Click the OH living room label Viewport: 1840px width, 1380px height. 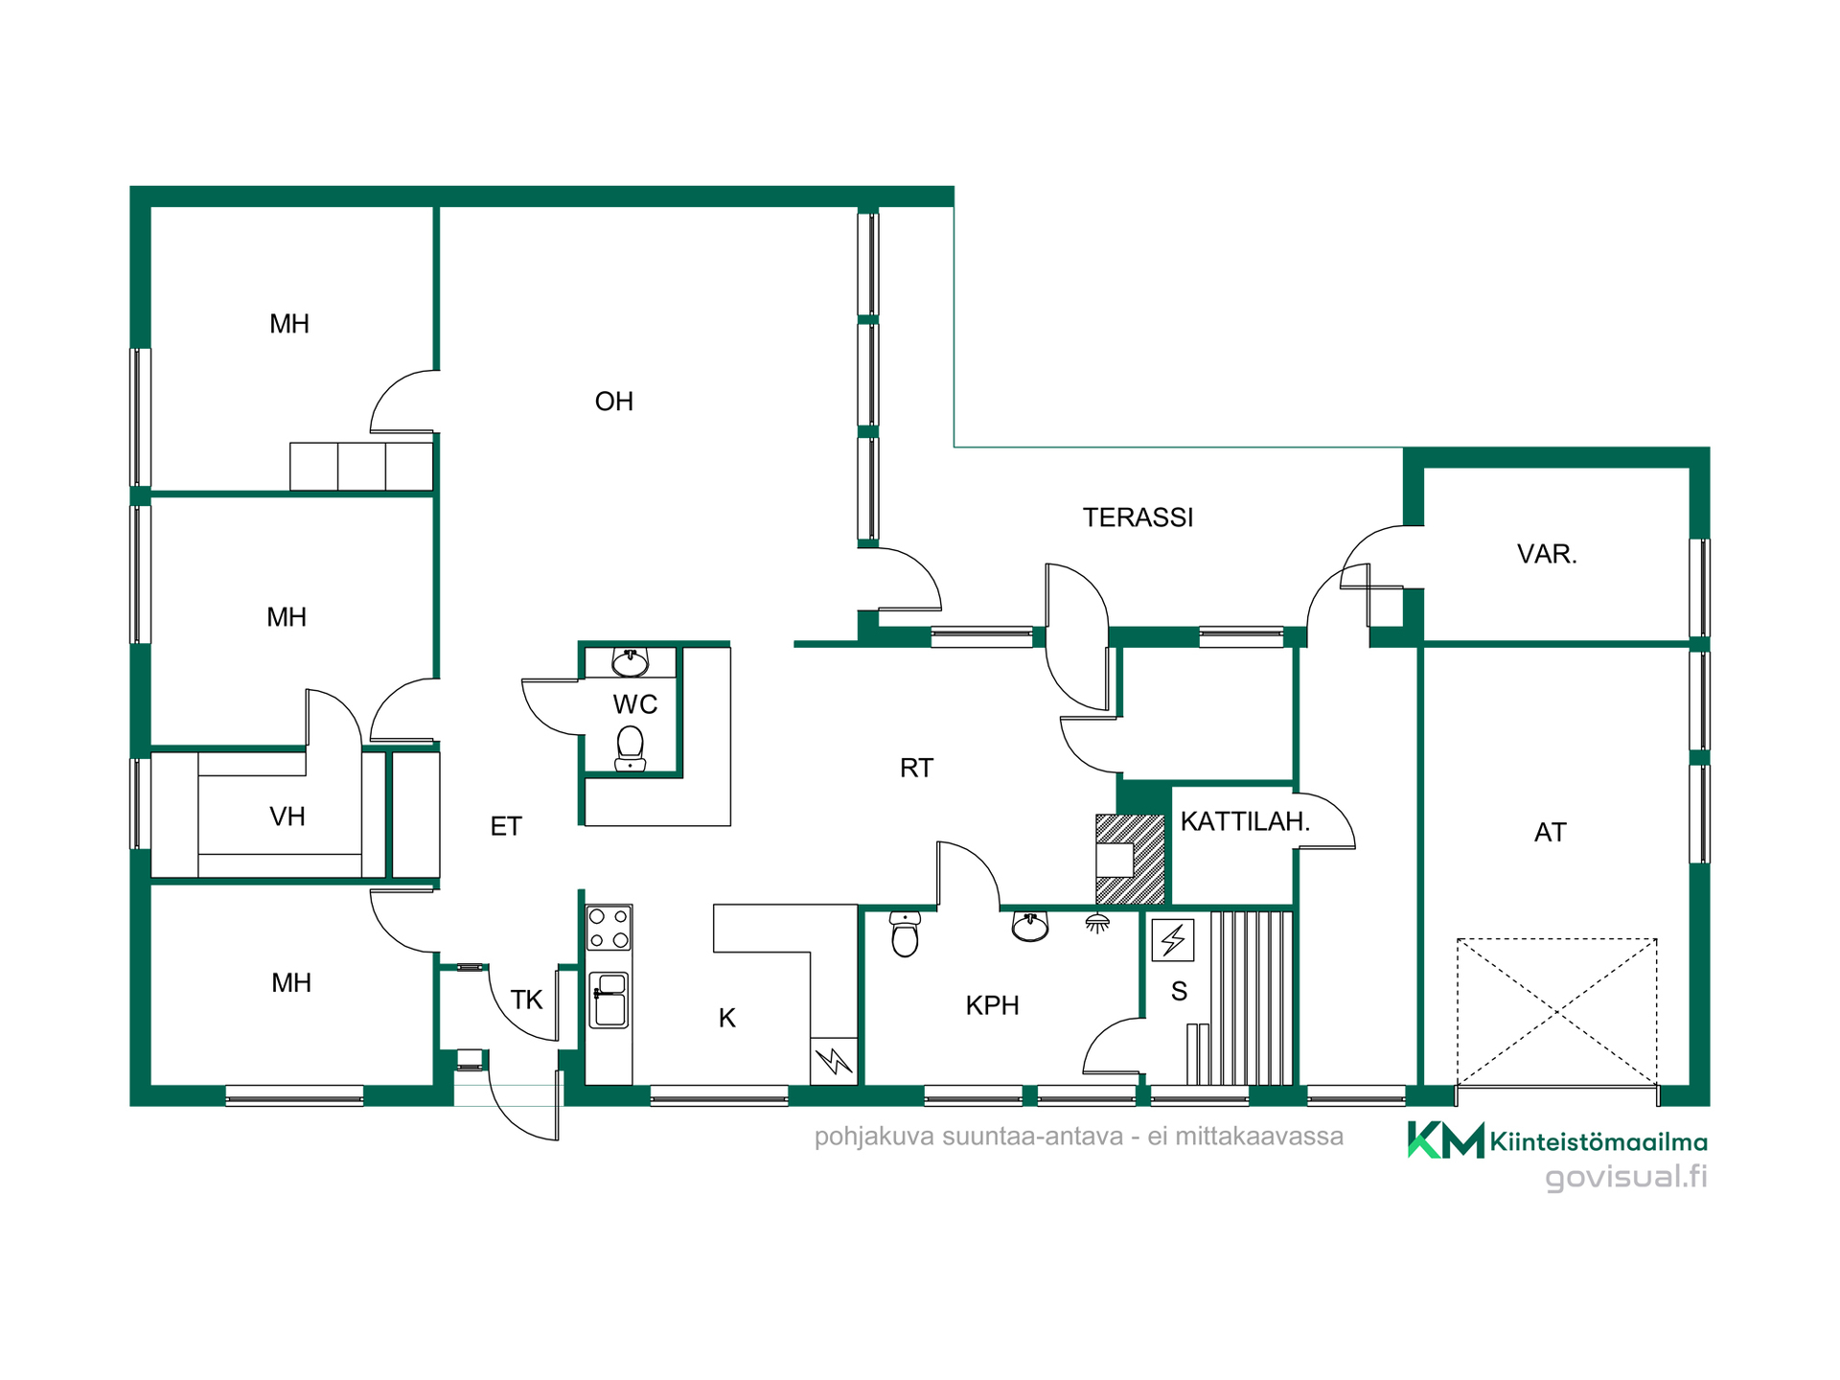point(614,402)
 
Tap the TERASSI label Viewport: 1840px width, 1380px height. point(1138,517)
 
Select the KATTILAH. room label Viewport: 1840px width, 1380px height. point(1245,821)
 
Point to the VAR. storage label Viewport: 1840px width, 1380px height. point(1547,554)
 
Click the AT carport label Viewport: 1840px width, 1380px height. point(1550,832)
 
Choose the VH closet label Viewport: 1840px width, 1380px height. point(287,816)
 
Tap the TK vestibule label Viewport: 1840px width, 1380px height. point(527,1000)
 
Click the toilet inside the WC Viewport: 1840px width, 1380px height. point(630,748)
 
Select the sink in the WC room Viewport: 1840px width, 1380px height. point(630,661)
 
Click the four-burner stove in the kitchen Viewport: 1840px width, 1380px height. point(609,928)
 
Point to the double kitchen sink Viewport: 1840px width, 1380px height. point(609,1000)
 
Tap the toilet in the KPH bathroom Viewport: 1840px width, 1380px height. point(905,934)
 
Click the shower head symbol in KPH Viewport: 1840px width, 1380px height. point(1097,923)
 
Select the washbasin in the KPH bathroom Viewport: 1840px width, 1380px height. point(1030,926)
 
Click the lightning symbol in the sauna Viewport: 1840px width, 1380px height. point(1172,939)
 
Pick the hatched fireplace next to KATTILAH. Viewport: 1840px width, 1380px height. point(1131,859)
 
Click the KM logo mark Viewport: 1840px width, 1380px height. point(1445,1139)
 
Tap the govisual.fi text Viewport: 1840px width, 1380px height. point(1625,1176)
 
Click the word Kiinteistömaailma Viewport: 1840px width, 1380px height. point(1598,1141)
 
